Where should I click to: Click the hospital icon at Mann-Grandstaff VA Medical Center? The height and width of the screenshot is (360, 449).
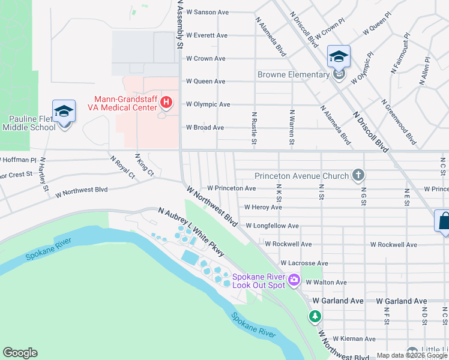click(x=167, y=104)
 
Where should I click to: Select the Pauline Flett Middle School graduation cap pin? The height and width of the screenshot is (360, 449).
click(x=64, y=112)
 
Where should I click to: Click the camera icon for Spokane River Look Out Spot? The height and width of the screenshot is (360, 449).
click(x=294, y=280)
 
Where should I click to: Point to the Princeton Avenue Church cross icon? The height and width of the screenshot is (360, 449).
click(x=358, y=176)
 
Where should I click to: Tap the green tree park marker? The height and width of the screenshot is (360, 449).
click(x=315, y=316)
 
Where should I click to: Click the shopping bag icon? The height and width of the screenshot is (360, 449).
click(x=443, y=221)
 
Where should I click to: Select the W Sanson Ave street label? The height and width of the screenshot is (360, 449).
click(x=208, y=12)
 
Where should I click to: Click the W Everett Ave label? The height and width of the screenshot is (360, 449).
click(x=206, y=35)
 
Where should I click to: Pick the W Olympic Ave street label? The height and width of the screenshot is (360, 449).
click(x=208, y=104)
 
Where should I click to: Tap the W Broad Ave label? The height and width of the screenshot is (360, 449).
click(x=205, y=127)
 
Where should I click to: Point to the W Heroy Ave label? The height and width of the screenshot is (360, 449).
click(x=263, y=207)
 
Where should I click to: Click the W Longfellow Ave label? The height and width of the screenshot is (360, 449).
click(x=272, y=226)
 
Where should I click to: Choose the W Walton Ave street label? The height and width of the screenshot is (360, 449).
click(x=326, y=282)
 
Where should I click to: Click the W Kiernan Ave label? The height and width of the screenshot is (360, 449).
click(x=354, y=339)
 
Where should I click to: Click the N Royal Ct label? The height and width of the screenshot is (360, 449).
click(x=122, y=167)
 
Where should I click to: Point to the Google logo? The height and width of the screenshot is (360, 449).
click(x=20, y=353)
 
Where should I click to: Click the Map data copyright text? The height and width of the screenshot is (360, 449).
click(x=412, y=355)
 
